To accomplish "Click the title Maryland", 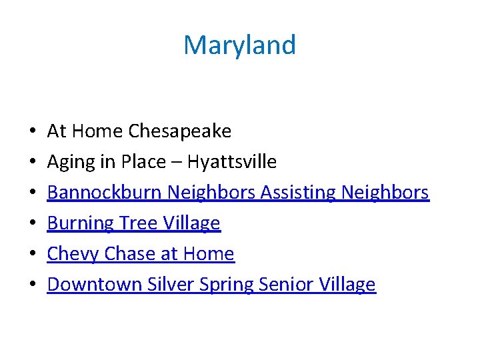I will [x=239, y=45].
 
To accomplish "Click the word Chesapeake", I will [x=180, y=131].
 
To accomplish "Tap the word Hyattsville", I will [x=232, y=162].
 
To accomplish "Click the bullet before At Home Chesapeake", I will [x=33, y=132].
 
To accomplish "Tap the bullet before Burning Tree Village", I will [x=33, y=224].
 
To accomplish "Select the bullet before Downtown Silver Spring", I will [x=33, y=285].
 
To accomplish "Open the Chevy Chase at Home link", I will [x=141, y=254].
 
